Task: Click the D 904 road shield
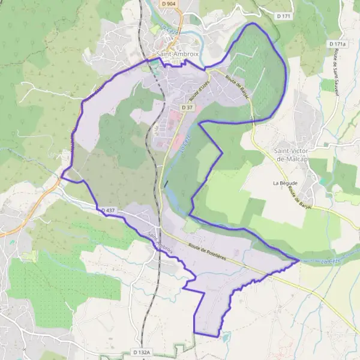point(169,4)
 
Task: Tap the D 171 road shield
point(283,16)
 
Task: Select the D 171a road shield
point(337,44)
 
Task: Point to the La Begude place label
point(284,182)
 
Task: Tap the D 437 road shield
point(108,211)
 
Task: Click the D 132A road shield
point(142,352)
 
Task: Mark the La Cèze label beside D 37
point(185,144)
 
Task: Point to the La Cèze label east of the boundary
point(331,261)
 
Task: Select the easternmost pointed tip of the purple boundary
point(299,260)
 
